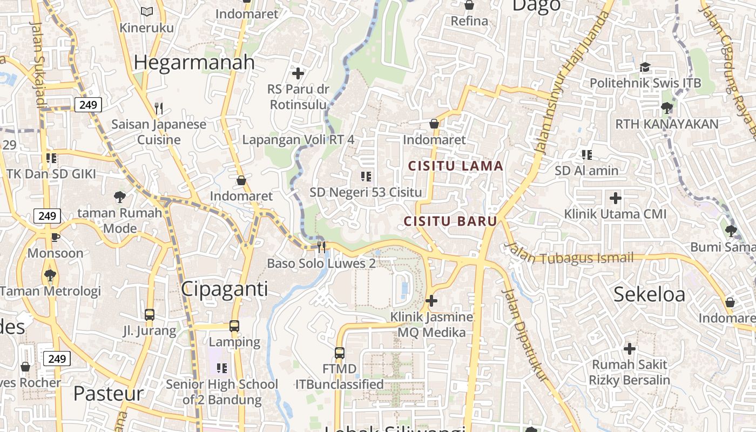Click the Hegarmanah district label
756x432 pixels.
(194, 63)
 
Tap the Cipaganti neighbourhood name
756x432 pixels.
(224, 289)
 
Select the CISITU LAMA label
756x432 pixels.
(456, 166)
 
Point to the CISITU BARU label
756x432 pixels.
(450, 221)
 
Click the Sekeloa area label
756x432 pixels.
(650, 294)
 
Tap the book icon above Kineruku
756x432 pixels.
(147, 11)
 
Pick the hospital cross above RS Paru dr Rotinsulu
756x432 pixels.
(298, 73)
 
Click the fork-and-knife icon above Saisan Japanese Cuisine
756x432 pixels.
(159, 109)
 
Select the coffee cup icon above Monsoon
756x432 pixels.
(55, 237)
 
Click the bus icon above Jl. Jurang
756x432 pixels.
(150, 314)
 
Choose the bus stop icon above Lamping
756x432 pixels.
(234, 326)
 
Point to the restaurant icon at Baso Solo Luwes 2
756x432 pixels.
(321, 247)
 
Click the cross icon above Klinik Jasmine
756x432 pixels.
(431, 301)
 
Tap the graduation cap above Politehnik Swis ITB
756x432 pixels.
(645, 67)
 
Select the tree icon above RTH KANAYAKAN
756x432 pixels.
(667, 107)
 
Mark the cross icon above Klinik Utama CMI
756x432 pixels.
(615, 198)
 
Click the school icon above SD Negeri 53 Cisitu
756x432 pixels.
(366, 176)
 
